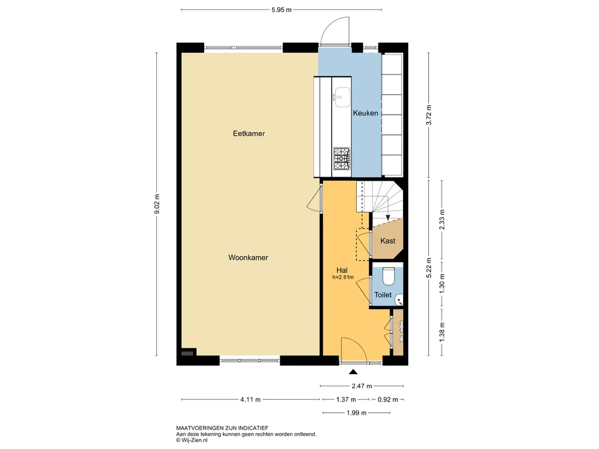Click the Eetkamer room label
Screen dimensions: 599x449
pos(249,134)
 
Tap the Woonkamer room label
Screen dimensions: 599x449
pos(248,258)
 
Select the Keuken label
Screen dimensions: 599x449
pos(366,113)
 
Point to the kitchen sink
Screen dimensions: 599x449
pos(342,97)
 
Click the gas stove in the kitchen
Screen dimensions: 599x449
pos(342,159)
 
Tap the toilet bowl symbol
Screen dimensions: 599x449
pos(388,277)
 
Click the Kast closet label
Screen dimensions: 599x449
pos(388,241)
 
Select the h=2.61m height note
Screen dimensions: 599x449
pos(343,278)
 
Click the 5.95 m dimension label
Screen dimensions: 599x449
pos(281,10)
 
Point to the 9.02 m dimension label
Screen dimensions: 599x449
pos(157,204)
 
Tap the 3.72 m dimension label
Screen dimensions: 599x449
pos(429,115)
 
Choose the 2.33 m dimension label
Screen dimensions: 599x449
pos(442,220)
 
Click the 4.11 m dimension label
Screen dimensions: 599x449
pos(250,400)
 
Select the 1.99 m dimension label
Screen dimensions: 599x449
pos(356,413)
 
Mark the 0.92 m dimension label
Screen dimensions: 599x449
pos(388,400)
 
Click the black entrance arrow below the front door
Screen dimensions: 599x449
pos(353,371)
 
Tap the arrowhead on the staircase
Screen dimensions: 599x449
pos(388,217)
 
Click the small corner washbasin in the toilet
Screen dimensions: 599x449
pos(399,300)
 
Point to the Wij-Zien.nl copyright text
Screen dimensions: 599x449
pos(192,440)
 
